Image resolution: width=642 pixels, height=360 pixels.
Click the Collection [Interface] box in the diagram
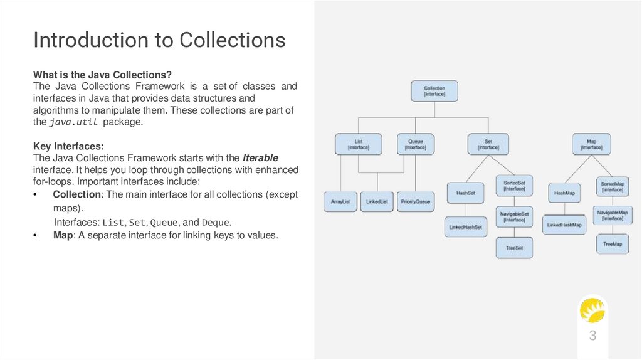tap(434, 92)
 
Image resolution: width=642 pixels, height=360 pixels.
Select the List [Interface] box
tap(359, 144)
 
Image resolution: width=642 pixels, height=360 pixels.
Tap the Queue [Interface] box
tap(415, 144)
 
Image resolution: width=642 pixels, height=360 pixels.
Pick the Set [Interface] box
tap(488, 144)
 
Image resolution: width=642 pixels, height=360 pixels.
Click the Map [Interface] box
tap(591, 144)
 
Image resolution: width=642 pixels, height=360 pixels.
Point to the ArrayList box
tap(340, 201)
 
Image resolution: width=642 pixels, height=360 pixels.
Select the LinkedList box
tap(377, 201)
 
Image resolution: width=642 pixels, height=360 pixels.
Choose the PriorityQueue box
tap(415, 201)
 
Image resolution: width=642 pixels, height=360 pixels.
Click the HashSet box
tap(465, 193)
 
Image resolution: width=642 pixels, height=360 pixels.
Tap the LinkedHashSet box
tap(465, 227)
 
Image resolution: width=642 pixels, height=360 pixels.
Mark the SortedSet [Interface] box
tap(514, 185)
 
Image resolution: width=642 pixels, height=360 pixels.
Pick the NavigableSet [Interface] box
tap(514, 216)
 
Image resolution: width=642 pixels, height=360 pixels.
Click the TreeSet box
tap(514, 248)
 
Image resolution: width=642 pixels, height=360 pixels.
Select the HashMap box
tap(564, 193)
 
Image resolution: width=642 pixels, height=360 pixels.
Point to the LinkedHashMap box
tap(564, 225)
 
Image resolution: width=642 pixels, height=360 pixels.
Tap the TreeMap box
tap(613, 244)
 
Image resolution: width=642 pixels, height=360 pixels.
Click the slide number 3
tap(592, 336)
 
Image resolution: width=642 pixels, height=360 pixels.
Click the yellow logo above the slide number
tap(592, 310)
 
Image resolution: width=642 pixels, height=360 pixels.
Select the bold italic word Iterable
tap(260, 157)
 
